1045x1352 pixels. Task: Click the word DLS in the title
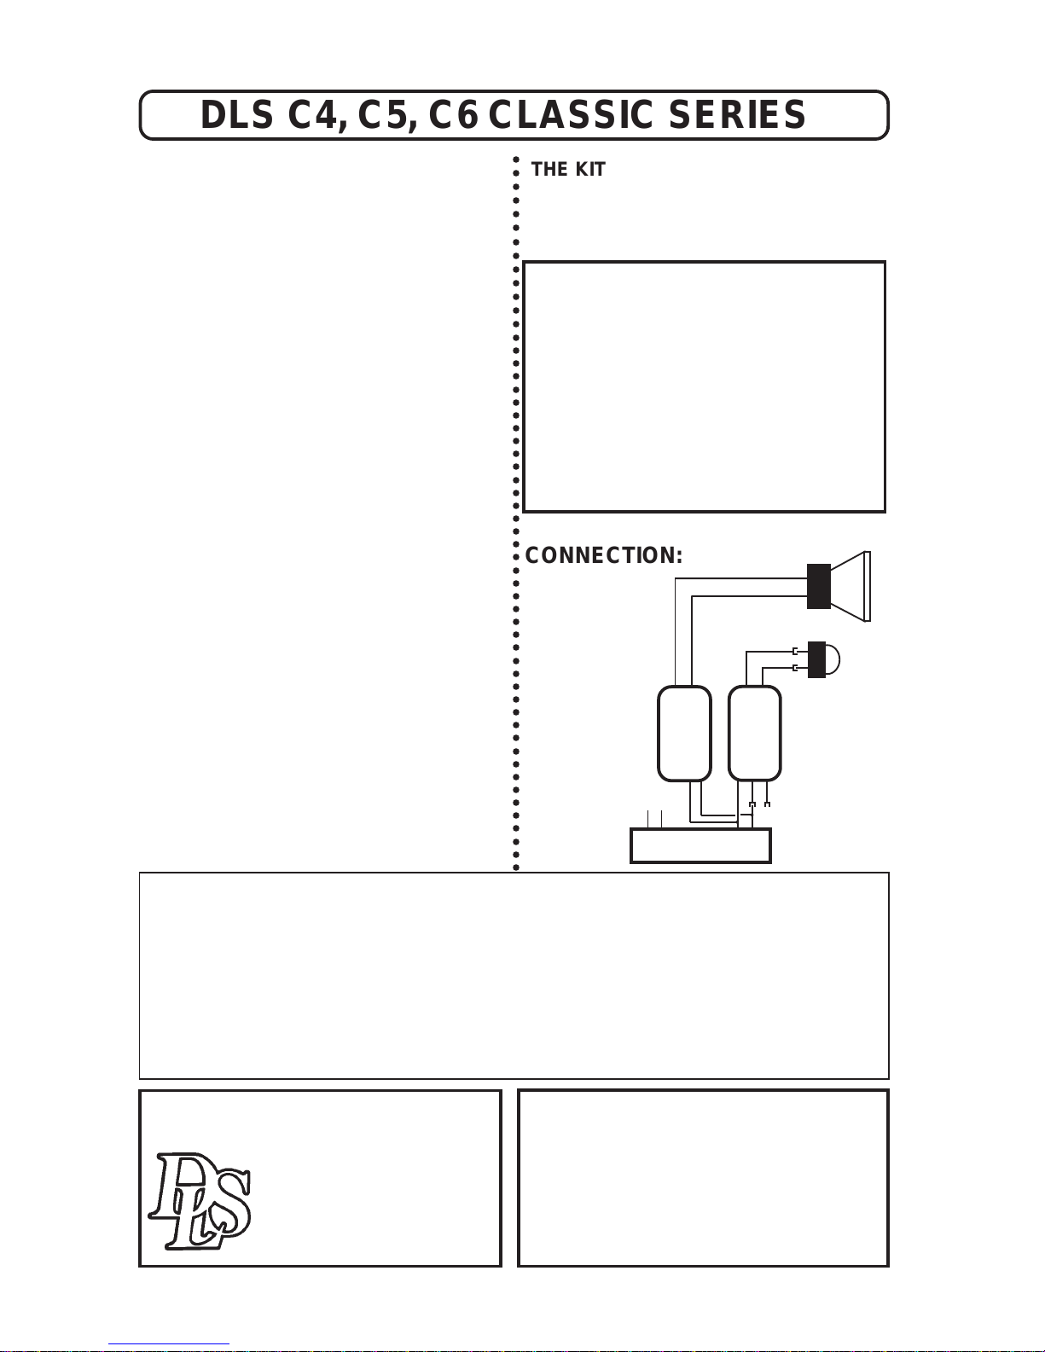pyautogui.click(x=237, y=115)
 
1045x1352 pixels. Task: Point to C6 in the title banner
pyautogui.click(x=454, y=115)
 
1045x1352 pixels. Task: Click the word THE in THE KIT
pyautogui.click(x=550, y=169)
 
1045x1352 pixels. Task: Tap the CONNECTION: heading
pyautogui.click(x=604, y=555)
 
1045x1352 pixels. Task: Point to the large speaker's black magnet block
pyautogui.click(x=819, y=586)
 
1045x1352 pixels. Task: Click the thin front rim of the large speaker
pyautogui.click(x=868, y=586)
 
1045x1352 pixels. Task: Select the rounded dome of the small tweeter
pyautogui.click(x=833, y=659)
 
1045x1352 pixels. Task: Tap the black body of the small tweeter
pyautogui.click(x=816, y=659)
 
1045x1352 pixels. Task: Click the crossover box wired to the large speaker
pyautogui.click(x=684, y=733)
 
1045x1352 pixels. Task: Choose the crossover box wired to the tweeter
pyautogui.click(x=754, y=733)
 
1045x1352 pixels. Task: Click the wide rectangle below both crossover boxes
pyautogui.click(x=701, y=845)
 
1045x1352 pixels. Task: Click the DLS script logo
pyautogui.click(x=199, y=1200)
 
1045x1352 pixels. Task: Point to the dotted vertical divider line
pyautogui.click(x=515, y=514)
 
